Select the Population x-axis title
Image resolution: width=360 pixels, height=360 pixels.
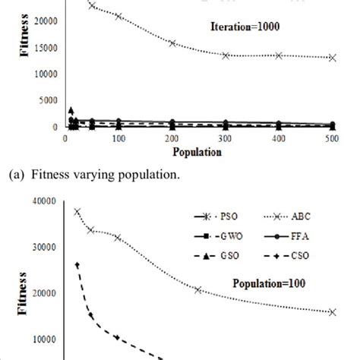(195, 152)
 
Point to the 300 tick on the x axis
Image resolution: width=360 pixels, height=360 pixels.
(225, 138)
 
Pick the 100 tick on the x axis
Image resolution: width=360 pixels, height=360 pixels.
(118, 138)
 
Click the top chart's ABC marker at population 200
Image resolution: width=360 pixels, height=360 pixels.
(172, 43)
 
